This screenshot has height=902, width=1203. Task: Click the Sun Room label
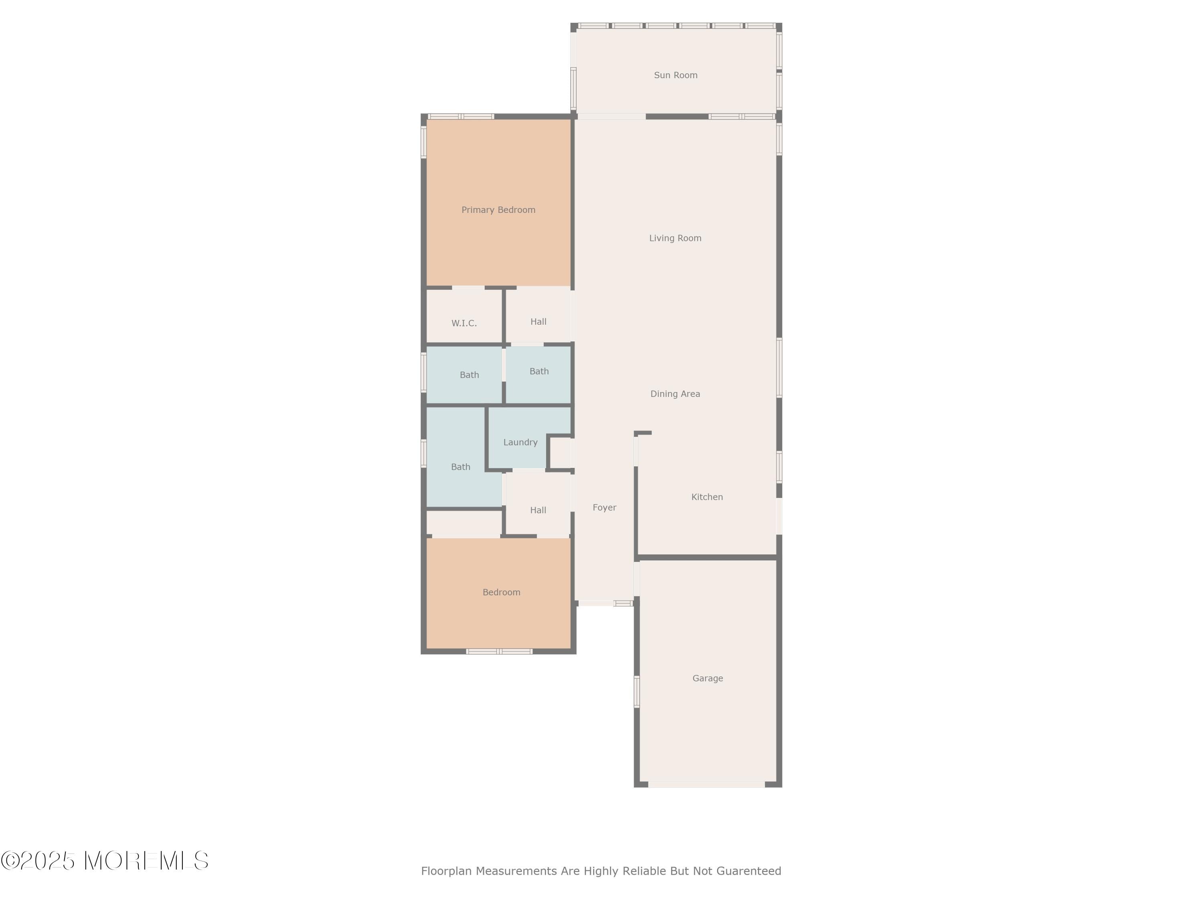[x=675, y=75]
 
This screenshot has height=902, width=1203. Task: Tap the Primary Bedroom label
[x=498, y=210]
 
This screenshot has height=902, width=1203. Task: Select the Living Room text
[x=675, y=238]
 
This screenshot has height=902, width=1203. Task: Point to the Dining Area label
[x=675, y=394]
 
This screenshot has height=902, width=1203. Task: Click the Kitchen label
[x=707, y=497]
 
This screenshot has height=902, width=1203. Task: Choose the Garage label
[x=707, y=678]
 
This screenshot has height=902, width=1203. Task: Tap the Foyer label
[x=604, y=507]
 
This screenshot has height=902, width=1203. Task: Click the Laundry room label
[x=520, y=442]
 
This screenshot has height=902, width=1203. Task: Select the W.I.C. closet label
[x=464, y=323]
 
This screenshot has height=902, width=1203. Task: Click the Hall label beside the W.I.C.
[x=538, y=322]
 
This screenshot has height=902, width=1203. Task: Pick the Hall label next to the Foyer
[x=538, y=510]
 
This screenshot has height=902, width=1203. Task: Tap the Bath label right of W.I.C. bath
[x=539, y=371]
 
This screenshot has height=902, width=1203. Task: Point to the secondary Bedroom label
[x=501, y=592]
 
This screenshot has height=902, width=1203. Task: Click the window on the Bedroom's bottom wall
[x=499, y=651]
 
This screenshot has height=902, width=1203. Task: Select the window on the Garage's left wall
[x=637, y=692]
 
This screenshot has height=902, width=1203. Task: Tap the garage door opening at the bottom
[x=707, y=784]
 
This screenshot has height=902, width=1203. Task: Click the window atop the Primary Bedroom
[x=461, y=116]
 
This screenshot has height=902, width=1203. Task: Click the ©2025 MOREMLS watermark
[x=104, y=861]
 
